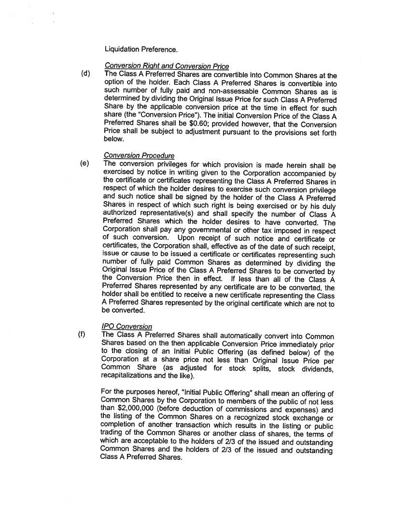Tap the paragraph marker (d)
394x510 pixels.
click(x=86, y=74)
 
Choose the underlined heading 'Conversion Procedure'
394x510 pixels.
click(x=140, y=156)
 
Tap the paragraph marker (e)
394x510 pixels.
click(x=85, y=164)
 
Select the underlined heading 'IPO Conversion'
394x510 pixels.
click(x=127, y=327)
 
